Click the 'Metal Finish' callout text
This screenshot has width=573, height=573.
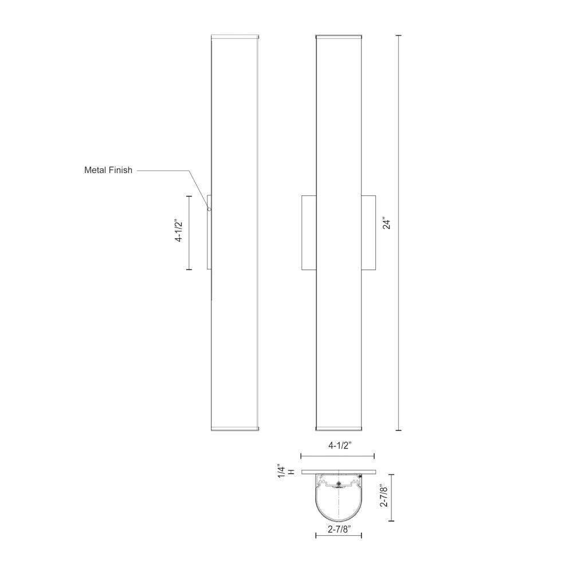pyautogui.click(x=108, y=170)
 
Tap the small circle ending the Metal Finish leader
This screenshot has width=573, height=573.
pyautogui.click(x=209, y=210)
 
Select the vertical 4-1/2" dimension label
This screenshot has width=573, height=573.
pyautogui.click(x=178, y=231)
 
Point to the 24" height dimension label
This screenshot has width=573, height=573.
pyautogui.click(x=387, y=223)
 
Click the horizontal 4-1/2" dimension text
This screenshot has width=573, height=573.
pyautogui.click(x=337, y=445)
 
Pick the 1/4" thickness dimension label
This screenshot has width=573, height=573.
pyautogui.click(x=281, y=472)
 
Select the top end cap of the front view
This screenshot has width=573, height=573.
pyautogui.click(x=339, y=38)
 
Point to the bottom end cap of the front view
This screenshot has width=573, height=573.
pyautogui.click(x=339, y=428)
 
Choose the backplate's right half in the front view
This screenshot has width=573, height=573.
pyautogui.click(x=368, y=232)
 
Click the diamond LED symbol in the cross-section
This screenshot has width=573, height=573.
pyautogui.click(x=338, y=485)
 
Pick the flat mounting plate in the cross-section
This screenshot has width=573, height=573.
pyautogui.click(x=338, y=472)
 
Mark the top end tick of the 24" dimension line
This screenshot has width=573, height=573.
pyautogui.click(x=399, y=36)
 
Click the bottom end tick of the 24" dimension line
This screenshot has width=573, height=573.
pyautogui.click(x=399, y=430)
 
